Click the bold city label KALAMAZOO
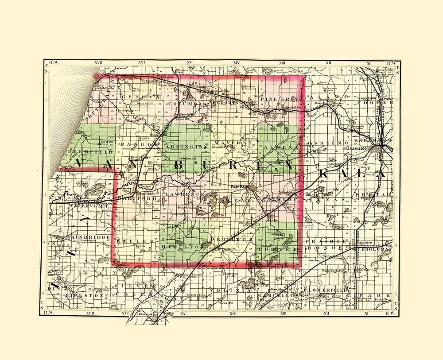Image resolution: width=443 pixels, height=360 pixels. coord(360,151)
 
